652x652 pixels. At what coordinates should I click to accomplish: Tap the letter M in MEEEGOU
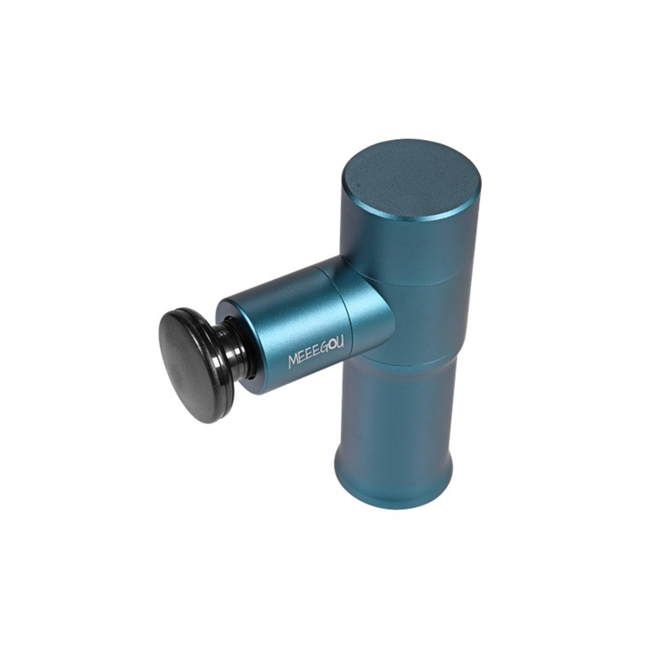[294, 362]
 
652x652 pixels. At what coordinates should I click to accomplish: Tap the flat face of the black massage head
[190, 367]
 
